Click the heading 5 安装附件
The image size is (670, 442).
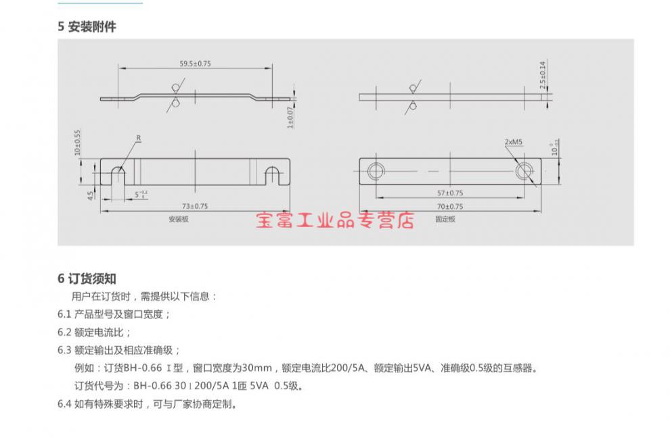(x=87, y=27)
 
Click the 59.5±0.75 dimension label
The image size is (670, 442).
(x=196, y=64)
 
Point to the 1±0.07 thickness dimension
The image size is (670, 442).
(x=290, y=118)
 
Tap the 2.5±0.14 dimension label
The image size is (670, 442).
(x=543, y=75)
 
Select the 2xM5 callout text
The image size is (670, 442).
(x=513, y=142)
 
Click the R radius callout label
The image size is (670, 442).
(x=139, y=138)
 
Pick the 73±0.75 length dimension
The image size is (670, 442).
(x=195, y=206)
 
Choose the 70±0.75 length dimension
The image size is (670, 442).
(x=450, y=207)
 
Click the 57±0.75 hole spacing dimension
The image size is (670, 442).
(x=450, y=193)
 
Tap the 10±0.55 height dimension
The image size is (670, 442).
(x=77, y=143)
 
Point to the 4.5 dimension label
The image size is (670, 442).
(x=90, y=195)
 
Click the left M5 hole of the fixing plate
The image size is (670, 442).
(x=376, y=172)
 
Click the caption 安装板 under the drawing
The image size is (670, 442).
(x=179, y=219)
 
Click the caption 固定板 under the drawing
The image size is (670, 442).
(x=445, y=219)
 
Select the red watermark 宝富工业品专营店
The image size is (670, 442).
(x=336, y=220)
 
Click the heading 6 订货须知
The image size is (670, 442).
(x=87, y=279)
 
